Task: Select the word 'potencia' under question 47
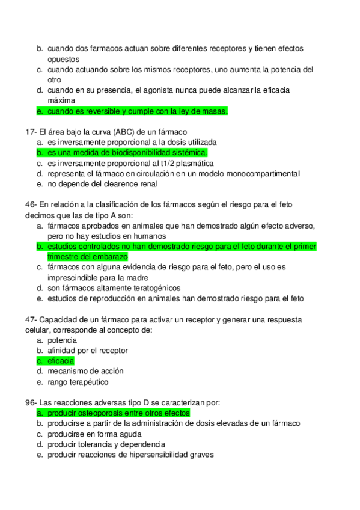pyautogui.click(x=62, y=340)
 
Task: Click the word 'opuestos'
pyautogui.click(x=63, y=59)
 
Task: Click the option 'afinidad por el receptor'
pyautogui.click(x=88, y=351)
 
